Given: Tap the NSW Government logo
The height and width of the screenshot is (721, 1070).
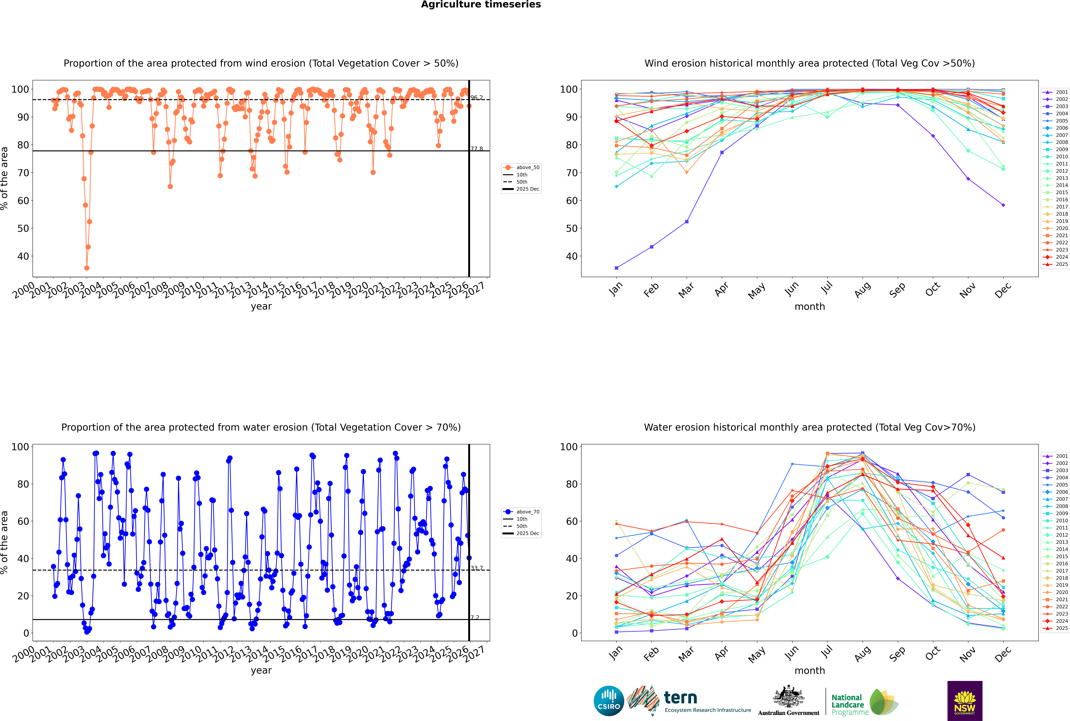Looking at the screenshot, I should (x=965, y=700).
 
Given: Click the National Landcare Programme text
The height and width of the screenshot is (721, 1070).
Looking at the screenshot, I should (x=847, y=704).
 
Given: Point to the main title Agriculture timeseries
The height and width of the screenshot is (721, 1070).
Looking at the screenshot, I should (x=481, y=5).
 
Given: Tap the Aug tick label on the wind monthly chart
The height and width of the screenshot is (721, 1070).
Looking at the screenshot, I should (x=863, y=290).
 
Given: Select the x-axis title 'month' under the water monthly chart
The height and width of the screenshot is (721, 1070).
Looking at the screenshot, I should (x=810, y=670).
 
